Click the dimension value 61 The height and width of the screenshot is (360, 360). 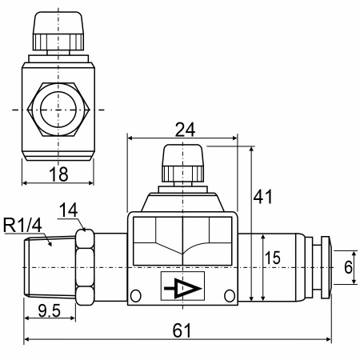tap(182, 330)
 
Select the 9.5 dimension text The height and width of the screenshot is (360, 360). tap(50, 310)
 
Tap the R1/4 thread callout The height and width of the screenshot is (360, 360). tap(22, 225)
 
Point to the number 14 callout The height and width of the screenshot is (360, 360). tap(68, 210)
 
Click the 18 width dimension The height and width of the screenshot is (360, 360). tap(58, 174)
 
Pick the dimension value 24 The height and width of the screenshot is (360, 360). tap(185, 130)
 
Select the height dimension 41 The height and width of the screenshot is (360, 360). tap(263, 197)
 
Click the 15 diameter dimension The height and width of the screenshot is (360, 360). tap(273, 258)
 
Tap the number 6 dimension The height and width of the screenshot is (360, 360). tap(348, 267)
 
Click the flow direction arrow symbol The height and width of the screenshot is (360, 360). tap(182, 288)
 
